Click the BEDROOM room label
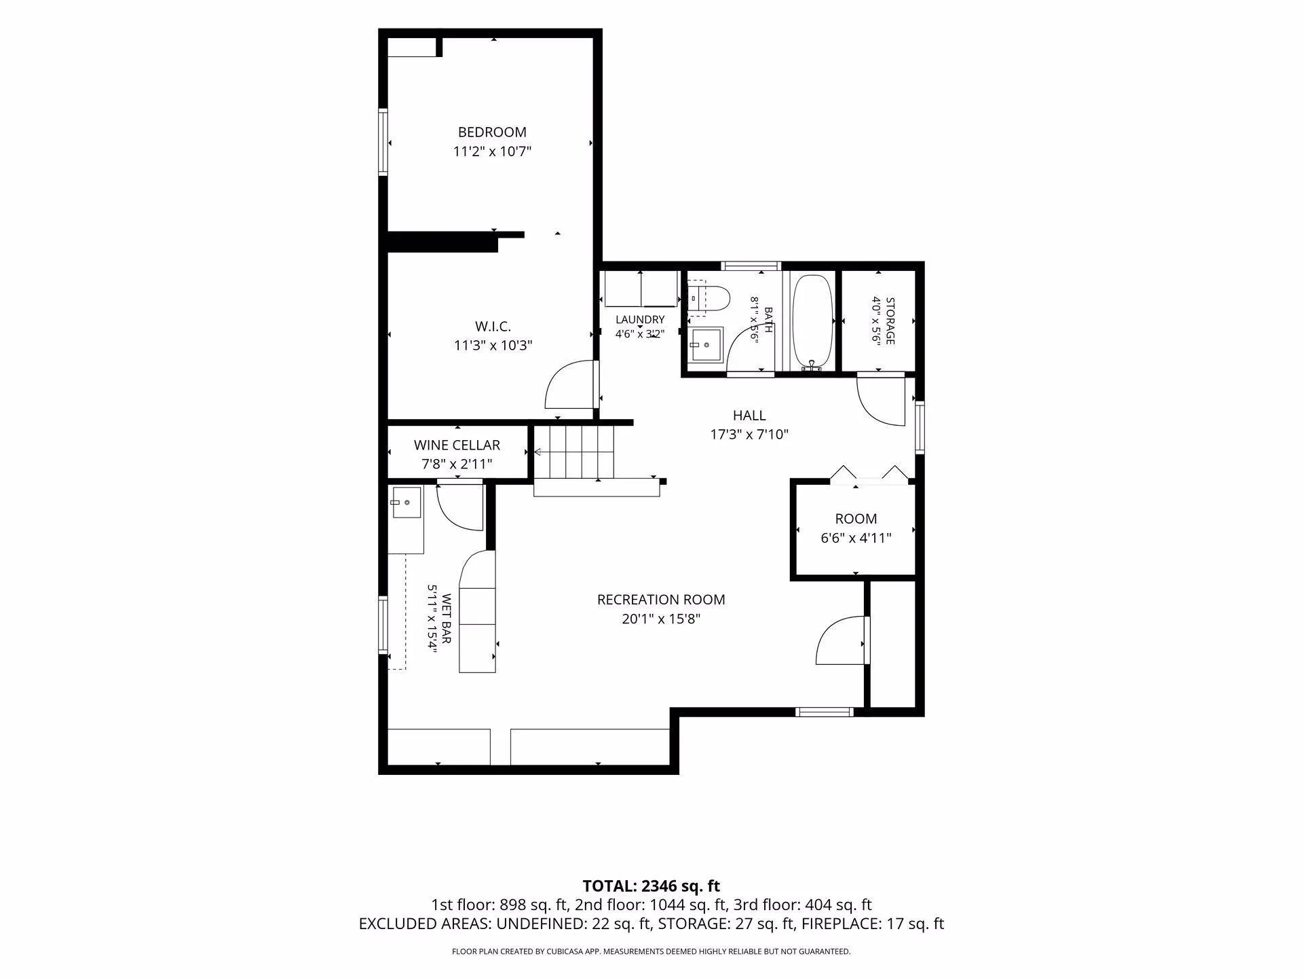[x=492, y=132]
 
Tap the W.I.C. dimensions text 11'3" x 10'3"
[x=493, y=346]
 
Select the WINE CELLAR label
[x=457, y=445]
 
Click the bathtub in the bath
[x=812, y=322]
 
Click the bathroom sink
[x=706, y=346]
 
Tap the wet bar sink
[x=405, y=503]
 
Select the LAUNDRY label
[x=640, y=320]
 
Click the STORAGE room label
[x=890, y=321]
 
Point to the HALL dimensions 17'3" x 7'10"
[x=749, y=435]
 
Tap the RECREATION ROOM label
[x=661, y=600]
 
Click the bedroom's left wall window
[x=383, y=142]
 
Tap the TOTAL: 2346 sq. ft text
[x=651, y=886]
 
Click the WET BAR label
[x=447, y=619]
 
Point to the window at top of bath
[x=751, y=266]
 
